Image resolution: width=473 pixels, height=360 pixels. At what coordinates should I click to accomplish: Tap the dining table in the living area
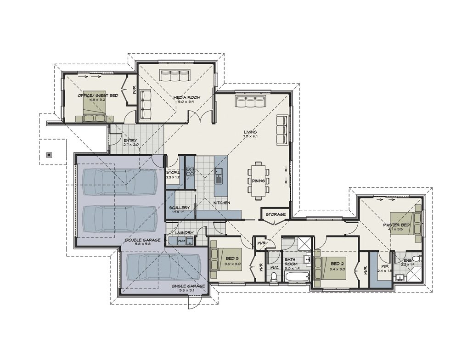tap(258, 180)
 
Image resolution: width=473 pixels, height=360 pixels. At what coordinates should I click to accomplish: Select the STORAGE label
tap(275, 214)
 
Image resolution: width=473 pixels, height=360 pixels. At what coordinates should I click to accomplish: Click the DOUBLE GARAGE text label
tap(143, 240)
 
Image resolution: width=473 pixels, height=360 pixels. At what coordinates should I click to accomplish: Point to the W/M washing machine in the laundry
tap(181, 240)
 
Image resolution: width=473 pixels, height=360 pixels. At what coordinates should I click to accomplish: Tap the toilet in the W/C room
tap(274, 276)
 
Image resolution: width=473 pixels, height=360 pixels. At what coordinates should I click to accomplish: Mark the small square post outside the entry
tap(49, 155)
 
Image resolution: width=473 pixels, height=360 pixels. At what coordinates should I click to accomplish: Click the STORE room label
tap(173, 172)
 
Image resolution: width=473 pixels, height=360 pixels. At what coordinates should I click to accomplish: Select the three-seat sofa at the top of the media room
tap(175, 75)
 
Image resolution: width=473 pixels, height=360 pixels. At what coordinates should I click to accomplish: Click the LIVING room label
tap(250, 132)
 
